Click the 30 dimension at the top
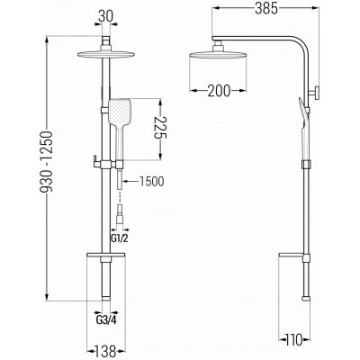pos(106,16)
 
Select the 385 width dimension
pos(266,9)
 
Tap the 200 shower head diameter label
pos(219,91)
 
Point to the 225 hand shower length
pos(160,128)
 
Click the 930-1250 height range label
pos(47,161)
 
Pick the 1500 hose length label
pos(151,181)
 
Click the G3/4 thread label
pos(106,320)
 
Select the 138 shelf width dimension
pos(106,349)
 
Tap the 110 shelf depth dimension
pos(294,340)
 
